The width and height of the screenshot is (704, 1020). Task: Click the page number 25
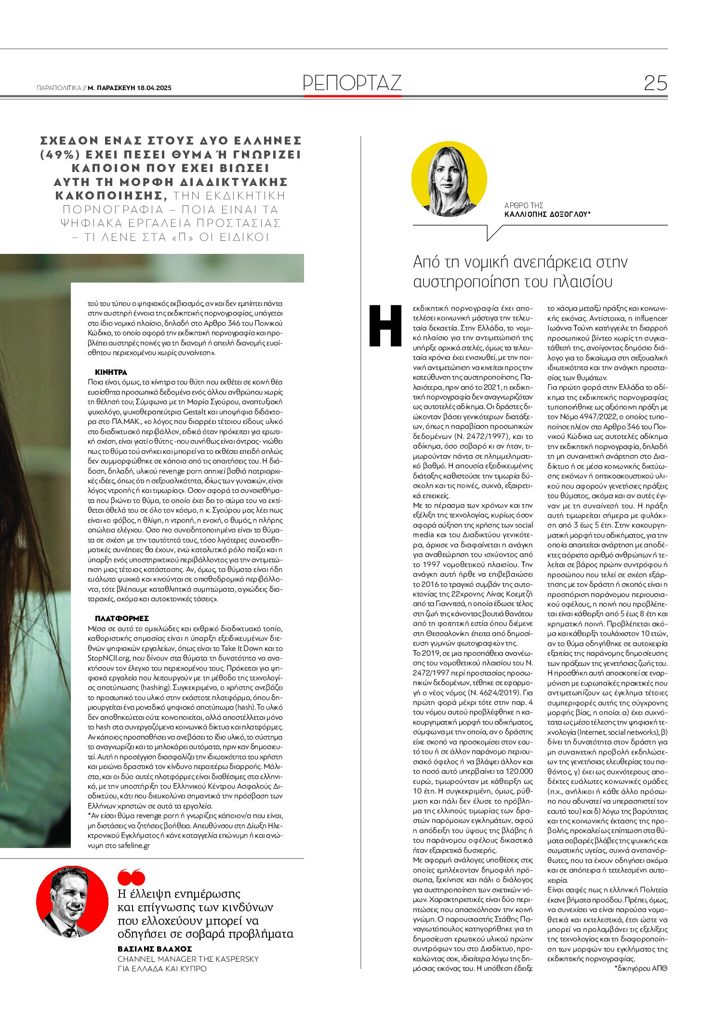click(655, 83)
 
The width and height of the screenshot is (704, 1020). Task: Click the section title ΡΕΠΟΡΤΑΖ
click(352, 83)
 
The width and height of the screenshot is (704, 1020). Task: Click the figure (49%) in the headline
click(57, 154)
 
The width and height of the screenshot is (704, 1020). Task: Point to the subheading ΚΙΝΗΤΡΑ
click(111, 372)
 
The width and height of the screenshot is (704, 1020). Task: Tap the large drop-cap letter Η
click(385, 326)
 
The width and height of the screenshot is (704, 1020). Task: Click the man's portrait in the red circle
click(72, 901)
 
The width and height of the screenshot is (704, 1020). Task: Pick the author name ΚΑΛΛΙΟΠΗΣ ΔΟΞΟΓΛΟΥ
click(547, 214)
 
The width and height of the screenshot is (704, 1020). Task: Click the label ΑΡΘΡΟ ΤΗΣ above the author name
click(524, 205)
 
